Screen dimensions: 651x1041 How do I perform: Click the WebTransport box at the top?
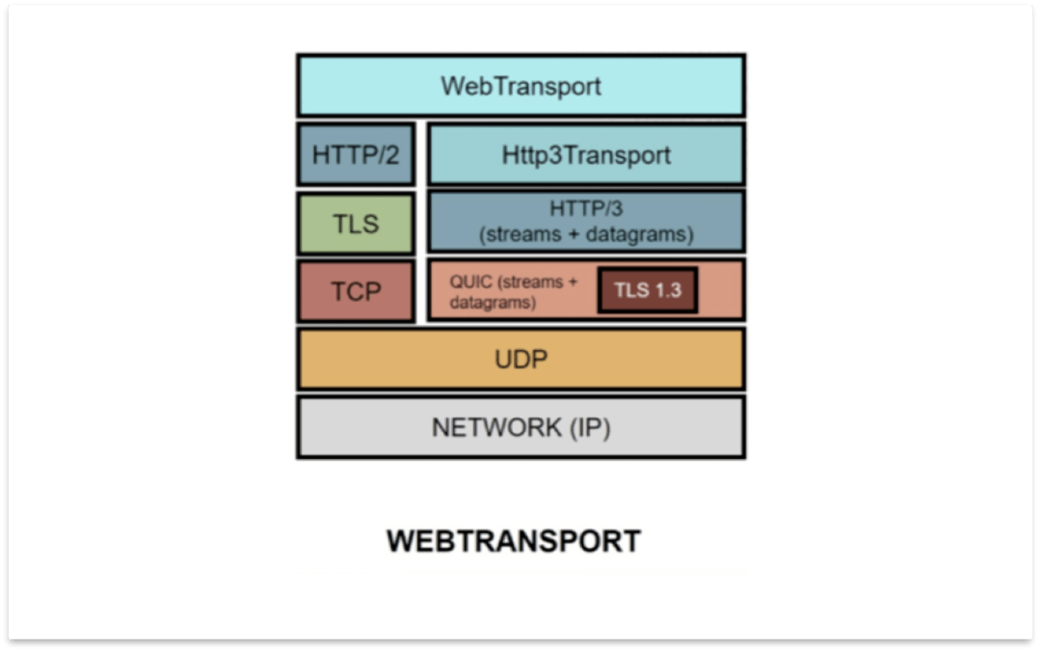tap(520, 86)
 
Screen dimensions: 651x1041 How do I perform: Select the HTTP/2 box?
tap(356, 154)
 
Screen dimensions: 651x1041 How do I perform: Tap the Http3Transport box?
tap(585, 154)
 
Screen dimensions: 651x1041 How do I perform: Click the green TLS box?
tap(356, 224)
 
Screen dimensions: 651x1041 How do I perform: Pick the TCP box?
tap(356, 291)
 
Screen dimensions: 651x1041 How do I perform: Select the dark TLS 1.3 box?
tap(647, 290)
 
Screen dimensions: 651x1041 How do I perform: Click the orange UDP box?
tap(520, 360)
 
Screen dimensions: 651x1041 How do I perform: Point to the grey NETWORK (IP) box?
tap(520, 427)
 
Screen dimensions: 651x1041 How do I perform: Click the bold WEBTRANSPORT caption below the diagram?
tap(514, 541)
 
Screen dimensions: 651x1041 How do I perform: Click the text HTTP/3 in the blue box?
tap(585, 208)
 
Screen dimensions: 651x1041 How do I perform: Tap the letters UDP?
tap(520, 360)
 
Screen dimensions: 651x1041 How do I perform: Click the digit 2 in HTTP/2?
tap(391, 154)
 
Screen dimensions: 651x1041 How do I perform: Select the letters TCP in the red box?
tap(356, 291)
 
